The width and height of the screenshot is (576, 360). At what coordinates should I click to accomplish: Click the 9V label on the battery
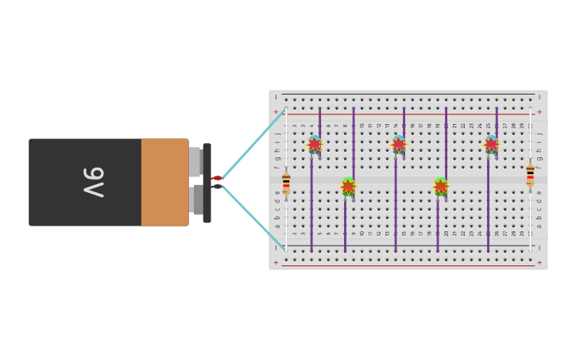point(94,182)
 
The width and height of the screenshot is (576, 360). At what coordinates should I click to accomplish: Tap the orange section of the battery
point(164,182)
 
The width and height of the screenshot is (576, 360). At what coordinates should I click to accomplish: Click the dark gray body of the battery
point(64,182)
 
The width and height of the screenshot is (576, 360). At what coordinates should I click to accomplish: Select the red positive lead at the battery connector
point(217,178)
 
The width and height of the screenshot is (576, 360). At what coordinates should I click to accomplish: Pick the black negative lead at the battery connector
point(217,187)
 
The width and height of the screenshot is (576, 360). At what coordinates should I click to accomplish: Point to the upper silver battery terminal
point(195,162)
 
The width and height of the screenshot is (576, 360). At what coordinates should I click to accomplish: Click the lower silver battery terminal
point(196,199)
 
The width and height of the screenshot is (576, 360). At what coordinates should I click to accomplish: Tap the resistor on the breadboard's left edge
point(286,184)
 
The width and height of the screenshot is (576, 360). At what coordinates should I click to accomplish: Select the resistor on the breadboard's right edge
point(530,176)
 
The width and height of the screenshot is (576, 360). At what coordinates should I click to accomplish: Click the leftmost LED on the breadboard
point(315,144)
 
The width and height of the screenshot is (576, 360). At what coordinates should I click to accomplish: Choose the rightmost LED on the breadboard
point(491,144)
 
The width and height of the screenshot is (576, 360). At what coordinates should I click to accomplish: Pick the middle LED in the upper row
point(399,144)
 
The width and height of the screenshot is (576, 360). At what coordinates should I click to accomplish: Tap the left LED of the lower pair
point(348,187)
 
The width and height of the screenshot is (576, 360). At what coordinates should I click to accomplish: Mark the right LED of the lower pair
point(441,187)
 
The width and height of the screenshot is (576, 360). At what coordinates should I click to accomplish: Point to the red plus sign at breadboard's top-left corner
point(276,112)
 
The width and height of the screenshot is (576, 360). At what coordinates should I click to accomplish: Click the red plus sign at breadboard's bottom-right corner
point(539,262)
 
